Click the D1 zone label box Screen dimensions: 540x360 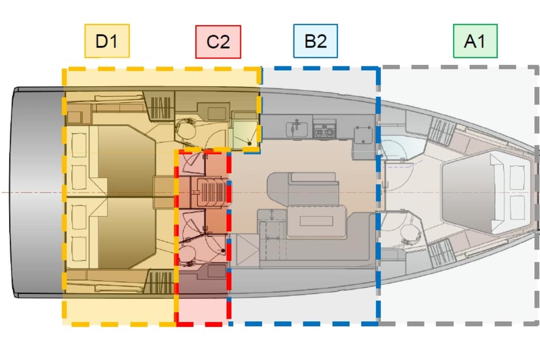(x=107, y=41)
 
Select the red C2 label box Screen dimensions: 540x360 (x=218, y=41)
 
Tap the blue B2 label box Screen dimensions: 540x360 (x=316, y=41)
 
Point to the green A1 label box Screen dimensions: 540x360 (x=475, y=41)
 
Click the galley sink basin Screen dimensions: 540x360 (x=297, y=129)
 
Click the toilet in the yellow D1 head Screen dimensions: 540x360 (x=186, y=129)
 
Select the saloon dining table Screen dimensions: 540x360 (x=316, y=220)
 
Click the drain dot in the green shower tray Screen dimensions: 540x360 (x=249, y=143)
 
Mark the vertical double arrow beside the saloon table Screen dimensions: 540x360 (x=272, y=214)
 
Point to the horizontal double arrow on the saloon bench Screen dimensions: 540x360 (x=273, y=238)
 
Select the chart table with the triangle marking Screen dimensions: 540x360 (x=248, y=250)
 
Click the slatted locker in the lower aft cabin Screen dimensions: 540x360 (x=161, y=282)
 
